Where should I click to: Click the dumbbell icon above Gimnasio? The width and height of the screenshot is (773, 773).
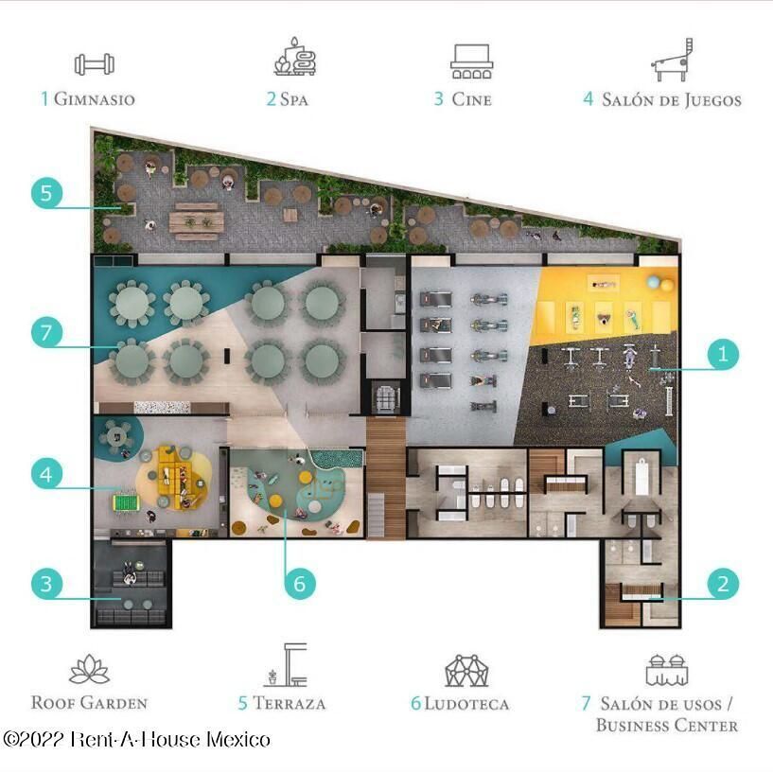(x=95, y=64)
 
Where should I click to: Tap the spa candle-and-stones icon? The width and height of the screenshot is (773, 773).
(x=295, y=57)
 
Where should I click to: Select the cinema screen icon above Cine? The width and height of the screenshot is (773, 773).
(x=472, y=61)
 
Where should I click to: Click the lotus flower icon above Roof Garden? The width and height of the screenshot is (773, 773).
(x=90, y=670)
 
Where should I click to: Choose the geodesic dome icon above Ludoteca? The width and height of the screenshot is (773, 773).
(x=466, y=671)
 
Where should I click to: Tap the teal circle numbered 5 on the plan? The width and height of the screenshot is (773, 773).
(x=46, y=193)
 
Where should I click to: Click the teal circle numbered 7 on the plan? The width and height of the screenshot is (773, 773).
(x=46, y=332)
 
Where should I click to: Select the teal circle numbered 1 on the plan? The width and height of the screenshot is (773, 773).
(x=723, y=354)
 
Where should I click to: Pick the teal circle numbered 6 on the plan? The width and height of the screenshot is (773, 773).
(x=300, y=584)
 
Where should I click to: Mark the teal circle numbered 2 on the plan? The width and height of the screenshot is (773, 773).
(x=723, y=584)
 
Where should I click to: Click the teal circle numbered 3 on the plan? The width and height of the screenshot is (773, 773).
(x=46, y=584)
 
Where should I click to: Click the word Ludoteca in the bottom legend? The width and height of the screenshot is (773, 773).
(x=466, y=704)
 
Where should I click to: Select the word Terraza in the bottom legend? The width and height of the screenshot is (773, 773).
(x=289, y=704)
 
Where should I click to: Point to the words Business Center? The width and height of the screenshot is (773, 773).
(x=667, y=725)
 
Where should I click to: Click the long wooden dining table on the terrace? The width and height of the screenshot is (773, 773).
(x=196, y=221)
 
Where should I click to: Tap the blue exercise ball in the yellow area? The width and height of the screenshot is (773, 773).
(x=654, y=282)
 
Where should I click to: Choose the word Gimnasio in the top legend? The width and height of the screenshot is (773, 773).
(x=95, y=99)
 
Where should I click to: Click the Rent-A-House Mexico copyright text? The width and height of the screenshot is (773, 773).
(x=136, y=740)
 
